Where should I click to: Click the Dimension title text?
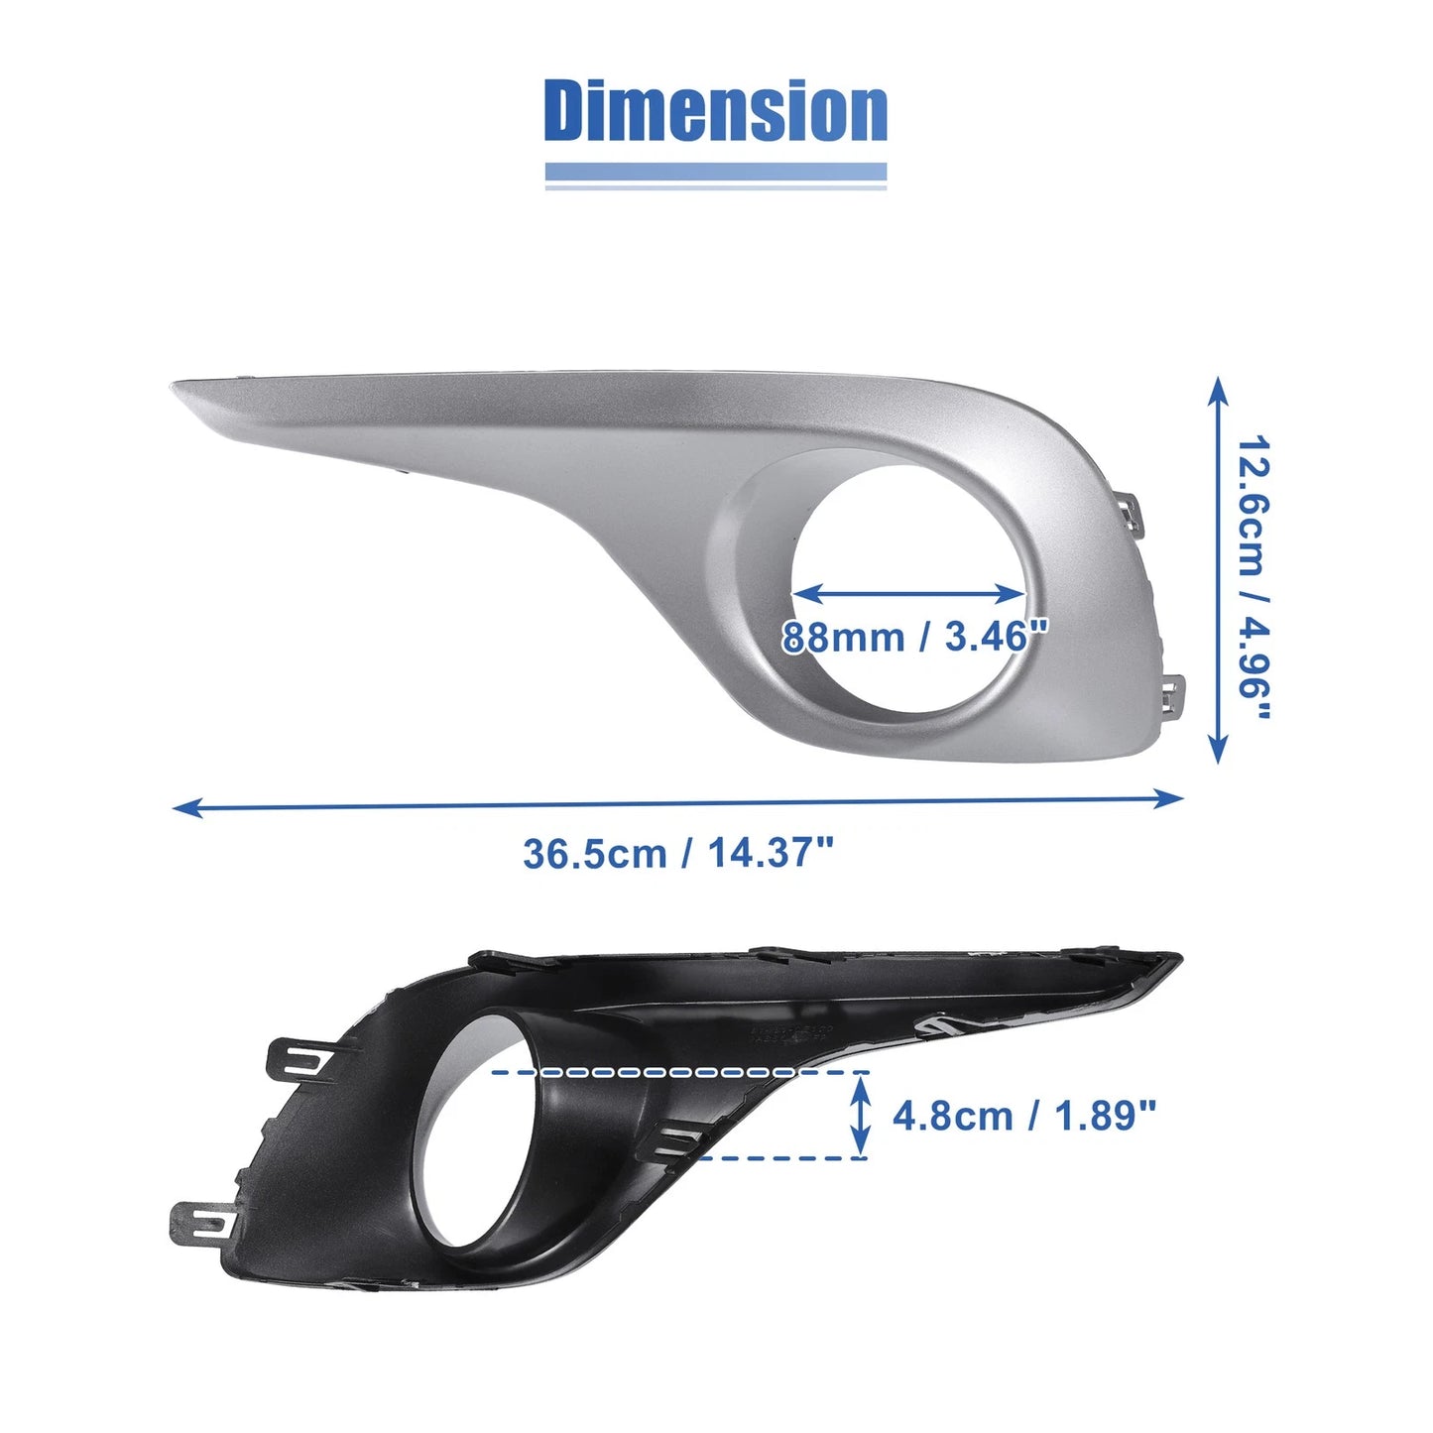click(x=715, y=111)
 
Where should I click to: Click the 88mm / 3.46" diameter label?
click(x=914, y=638)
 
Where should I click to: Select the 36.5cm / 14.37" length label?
click(x=677, y=853)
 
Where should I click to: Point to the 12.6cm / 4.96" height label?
click(x=1253, y=578)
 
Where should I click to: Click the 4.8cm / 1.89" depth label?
click(x=1023, y=1116)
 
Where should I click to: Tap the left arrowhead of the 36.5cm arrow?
click(x=185, y=807)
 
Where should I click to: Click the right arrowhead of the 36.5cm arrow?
click(x=1168, y=798)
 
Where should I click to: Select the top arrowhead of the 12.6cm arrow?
click(x=1218, y=391)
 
